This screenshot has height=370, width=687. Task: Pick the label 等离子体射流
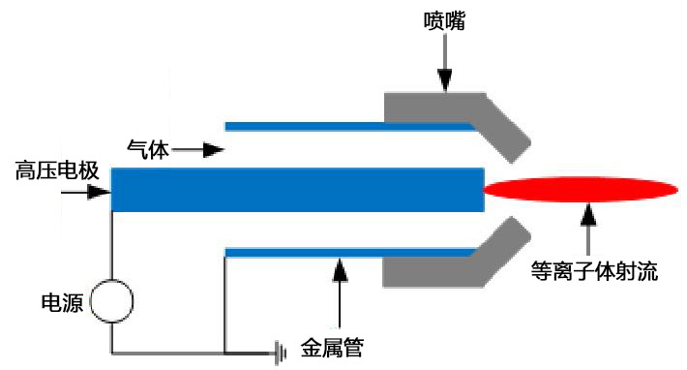pos(594,271)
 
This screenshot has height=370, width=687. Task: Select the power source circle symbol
pos(111,301)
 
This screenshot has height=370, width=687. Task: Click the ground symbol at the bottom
pos(282,353)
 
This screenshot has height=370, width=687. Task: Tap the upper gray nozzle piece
pos(455,111)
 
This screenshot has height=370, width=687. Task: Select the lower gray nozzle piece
pos(455,267)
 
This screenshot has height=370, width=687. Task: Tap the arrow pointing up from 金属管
pos(339,291)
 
